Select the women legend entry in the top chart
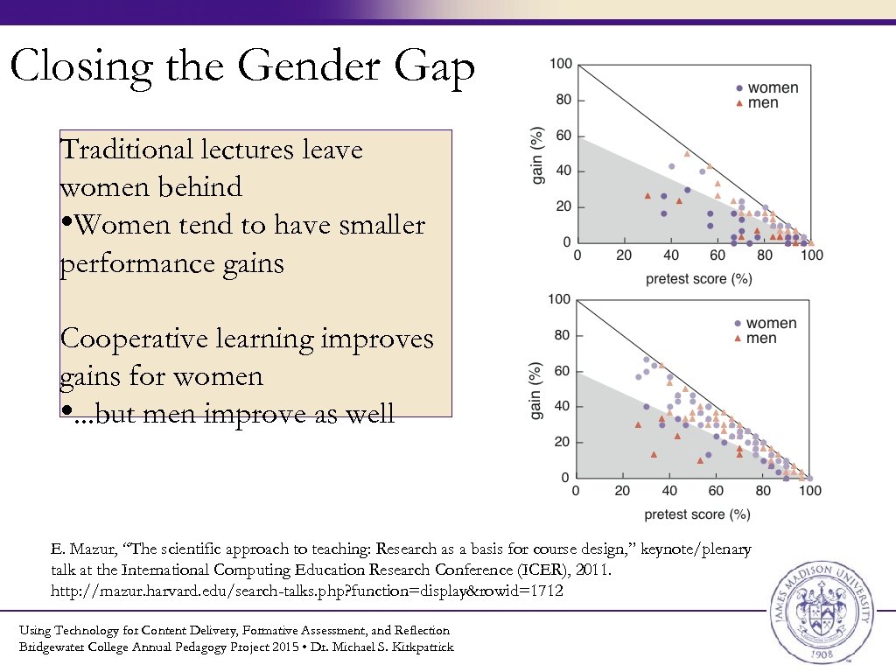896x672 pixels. [768, 87]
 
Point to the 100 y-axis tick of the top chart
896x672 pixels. [560, 64]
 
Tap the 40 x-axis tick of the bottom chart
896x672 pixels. [668, 491]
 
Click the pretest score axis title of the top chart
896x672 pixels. [698, 278]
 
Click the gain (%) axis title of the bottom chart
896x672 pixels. [536, 388]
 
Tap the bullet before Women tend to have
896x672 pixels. [66, 224]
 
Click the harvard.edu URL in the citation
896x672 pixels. [306, 591]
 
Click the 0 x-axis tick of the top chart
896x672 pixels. [576, 255]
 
